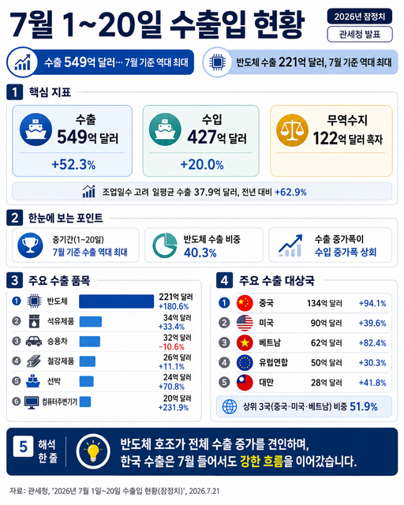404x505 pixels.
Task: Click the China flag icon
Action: pos(245,303)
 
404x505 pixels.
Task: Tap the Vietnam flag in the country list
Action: pos(245,342)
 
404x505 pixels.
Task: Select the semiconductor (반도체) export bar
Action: pos(116,301)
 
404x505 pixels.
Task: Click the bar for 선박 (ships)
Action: pos(86,381)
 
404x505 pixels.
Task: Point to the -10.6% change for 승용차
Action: pos(172,347)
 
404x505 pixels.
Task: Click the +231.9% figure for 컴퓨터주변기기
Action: pos(174,407)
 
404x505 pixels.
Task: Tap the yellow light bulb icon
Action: pos(93,451)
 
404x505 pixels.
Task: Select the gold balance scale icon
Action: pos(292,130)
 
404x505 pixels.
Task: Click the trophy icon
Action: pos(30,245)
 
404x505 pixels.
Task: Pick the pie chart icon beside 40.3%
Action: pos(164,245)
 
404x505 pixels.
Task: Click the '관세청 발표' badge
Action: pos(360,34)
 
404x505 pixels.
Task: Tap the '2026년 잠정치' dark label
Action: pos(360,16)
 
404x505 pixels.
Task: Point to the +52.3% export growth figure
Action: pos(73,165)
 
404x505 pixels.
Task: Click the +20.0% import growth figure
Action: pos(202,165)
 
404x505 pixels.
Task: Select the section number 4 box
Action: pos(225,280)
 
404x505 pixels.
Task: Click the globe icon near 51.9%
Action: pos(230,407)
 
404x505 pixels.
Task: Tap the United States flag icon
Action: pos(245,323)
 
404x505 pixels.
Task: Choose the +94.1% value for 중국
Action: pos(372,303)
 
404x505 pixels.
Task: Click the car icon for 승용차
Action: pos(34,341)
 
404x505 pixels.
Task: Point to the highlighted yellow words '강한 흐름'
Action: pos(262,462)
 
